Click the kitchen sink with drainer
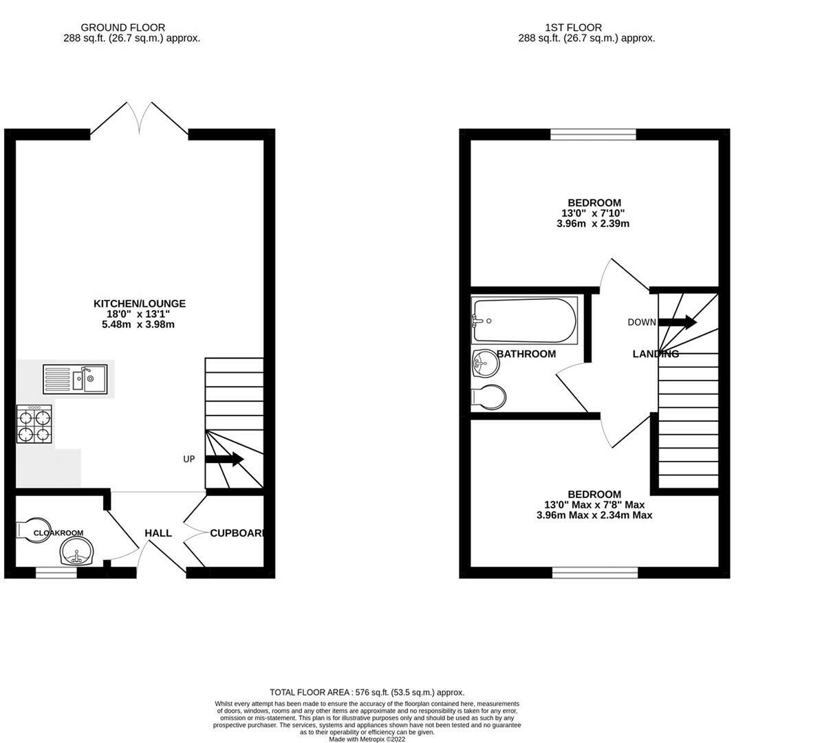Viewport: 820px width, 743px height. [75, 379]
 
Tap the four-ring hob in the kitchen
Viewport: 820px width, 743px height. [34, 424]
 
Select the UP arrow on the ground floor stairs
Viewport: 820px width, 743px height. [224, 460]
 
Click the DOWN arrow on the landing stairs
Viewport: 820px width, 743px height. [678, 322]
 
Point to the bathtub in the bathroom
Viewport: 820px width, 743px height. [524, 321]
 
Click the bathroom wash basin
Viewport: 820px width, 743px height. [486, 363]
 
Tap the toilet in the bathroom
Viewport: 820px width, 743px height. [488, 398]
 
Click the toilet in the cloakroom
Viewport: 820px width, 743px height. [32, 530]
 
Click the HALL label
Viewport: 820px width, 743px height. [158, 532]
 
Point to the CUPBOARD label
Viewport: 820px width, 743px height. [237, 532]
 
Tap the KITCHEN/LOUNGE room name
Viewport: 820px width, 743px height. [140, 303]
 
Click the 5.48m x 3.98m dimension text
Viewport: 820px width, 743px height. [138, 324]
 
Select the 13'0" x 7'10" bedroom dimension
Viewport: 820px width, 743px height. [593, 213]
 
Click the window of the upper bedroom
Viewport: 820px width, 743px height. [593, 134]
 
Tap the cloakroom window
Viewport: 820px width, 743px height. [56, 573]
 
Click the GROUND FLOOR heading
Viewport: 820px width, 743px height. [123, 28]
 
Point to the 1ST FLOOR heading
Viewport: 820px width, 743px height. [574, 28]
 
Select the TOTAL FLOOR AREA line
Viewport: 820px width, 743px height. [367, 692]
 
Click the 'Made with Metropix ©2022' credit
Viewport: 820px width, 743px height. [367, 740]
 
